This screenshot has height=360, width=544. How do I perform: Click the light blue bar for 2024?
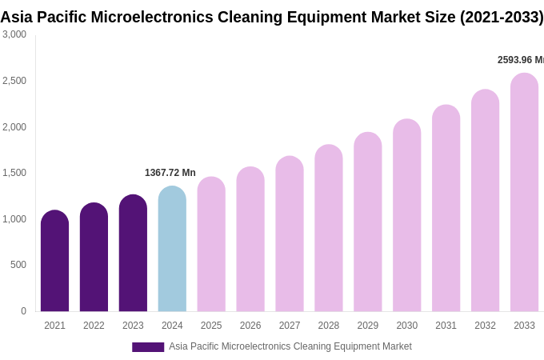coord(172,249)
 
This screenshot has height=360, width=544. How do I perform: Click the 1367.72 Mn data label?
coord(170,173)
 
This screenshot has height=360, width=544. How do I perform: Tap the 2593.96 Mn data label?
coord(521,60)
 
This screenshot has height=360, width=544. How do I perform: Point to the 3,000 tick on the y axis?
coord(14,34)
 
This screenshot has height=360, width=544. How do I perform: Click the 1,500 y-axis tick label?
coord(14,173)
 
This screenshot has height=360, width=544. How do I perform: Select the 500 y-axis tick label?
coord(18,265)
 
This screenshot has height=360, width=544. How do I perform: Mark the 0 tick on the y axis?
coord(23,311)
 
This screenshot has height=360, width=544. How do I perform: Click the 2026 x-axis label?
coord(250,326)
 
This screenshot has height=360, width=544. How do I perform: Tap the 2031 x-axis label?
coord(446,326)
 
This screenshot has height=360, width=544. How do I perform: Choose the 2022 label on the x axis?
coord(94,326)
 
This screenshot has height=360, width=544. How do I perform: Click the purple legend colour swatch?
coord(148,347)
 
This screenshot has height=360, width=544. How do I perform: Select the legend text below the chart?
coord(290,346)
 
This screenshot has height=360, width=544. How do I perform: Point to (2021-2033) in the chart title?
coord(501,17)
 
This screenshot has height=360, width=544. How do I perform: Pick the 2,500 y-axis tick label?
coord(14,81)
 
